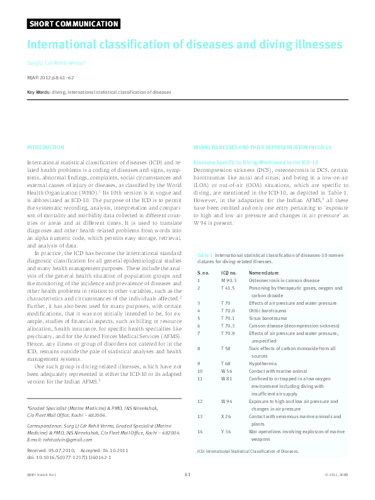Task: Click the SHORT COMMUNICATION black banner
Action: point(74,24)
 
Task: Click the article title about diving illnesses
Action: point(184,45)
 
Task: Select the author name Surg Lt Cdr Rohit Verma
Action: point(55,64)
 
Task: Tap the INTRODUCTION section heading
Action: point(45,147)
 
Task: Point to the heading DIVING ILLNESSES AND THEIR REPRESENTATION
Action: point(262,147)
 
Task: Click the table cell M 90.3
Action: point(229,280)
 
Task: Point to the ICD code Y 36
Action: point(226,431)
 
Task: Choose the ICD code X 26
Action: point(226,416)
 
